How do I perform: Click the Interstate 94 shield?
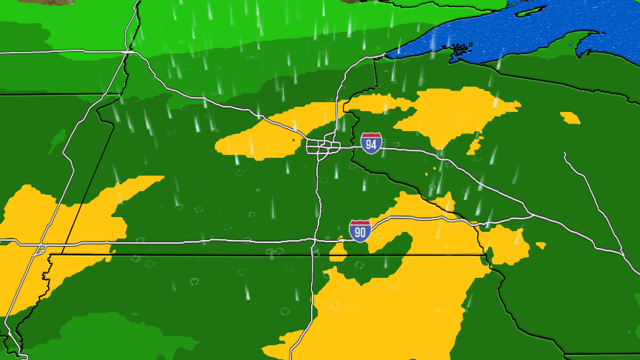pos(372,143)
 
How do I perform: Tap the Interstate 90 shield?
pos(360,230)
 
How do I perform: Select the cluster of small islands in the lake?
pos(459,50)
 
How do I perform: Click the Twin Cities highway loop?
pos(323,146)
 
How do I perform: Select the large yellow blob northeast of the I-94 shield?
pos(452,115)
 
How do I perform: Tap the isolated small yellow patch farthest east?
pos(570,117)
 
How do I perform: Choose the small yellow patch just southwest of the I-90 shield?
pos(338,251)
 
